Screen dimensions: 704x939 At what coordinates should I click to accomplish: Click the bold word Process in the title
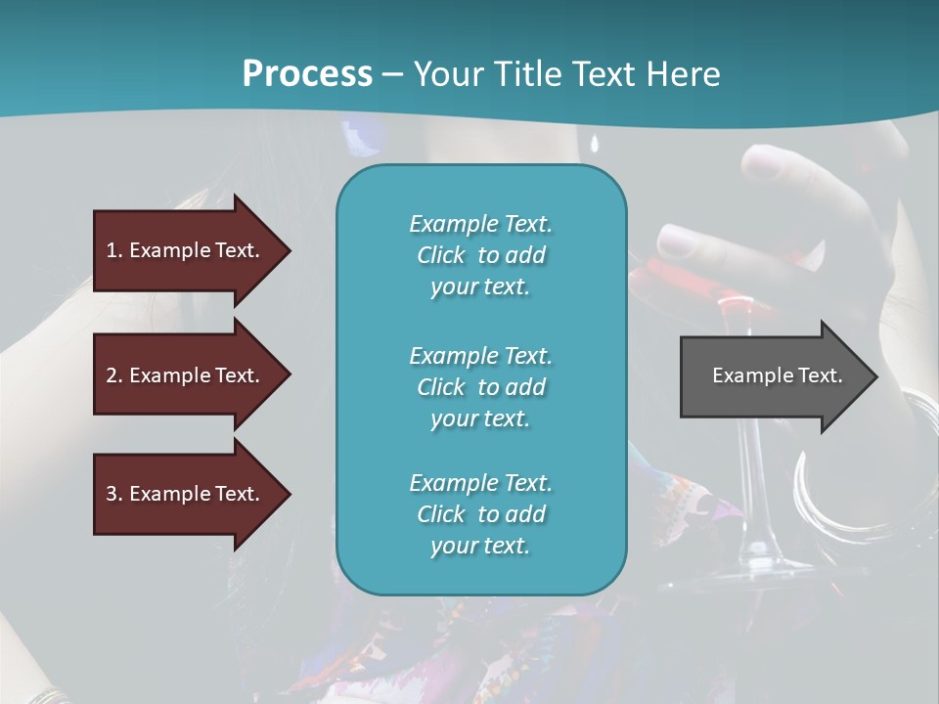pos(307,74)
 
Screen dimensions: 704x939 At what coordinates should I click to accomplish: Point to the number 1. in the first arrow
pos(114,250)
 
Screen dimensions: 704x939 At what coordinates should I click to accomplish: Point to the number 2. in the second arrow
pos(114,375)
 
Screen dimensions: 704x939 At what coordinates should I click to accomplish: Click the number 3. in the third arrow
pos(114,494)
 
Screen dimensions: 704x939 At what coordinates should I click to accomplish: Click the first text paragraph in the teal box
pos(480,255)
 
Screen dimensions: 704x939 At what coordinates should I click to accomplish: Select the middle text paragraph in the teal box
pos(480,387)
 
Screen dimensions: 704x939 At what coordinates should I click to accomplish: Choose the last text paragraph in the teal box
pos(480,514)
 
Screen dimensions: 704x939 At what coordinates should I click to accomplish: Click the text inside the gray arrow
pos(777,375)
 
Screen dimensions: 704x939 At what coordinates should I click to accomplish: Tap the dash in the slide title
pos(393,74)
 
